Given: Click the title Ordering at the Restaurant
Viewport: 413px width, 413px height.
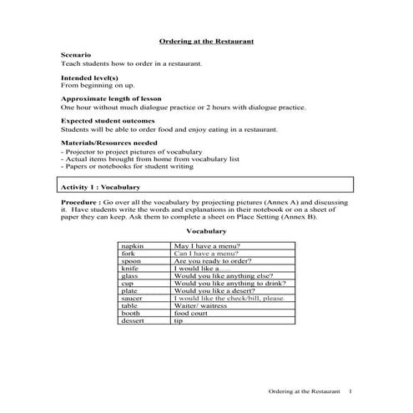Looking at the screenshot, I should coord(206,41).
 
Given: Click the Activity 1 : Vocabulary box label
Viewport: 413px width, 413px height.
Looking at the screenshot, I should coord(101,188).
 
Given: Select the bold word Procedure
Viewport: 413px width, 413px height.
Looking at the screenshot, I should coord(79,203).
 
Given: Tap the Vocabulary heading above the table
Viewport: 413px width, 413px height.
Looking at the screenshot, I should coord(206,231).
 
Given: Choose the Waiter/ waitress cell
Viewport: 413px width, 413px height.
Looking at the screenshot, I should coord(200,305).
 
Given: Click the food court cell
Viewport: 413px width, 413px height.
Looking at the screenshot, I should coord(191,313).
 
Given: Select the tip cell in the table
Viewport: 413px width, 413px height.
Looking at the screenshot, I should coord(178,320).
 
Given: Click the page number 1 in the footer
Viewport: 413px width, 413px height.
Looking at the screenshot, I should coord(351,391).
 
